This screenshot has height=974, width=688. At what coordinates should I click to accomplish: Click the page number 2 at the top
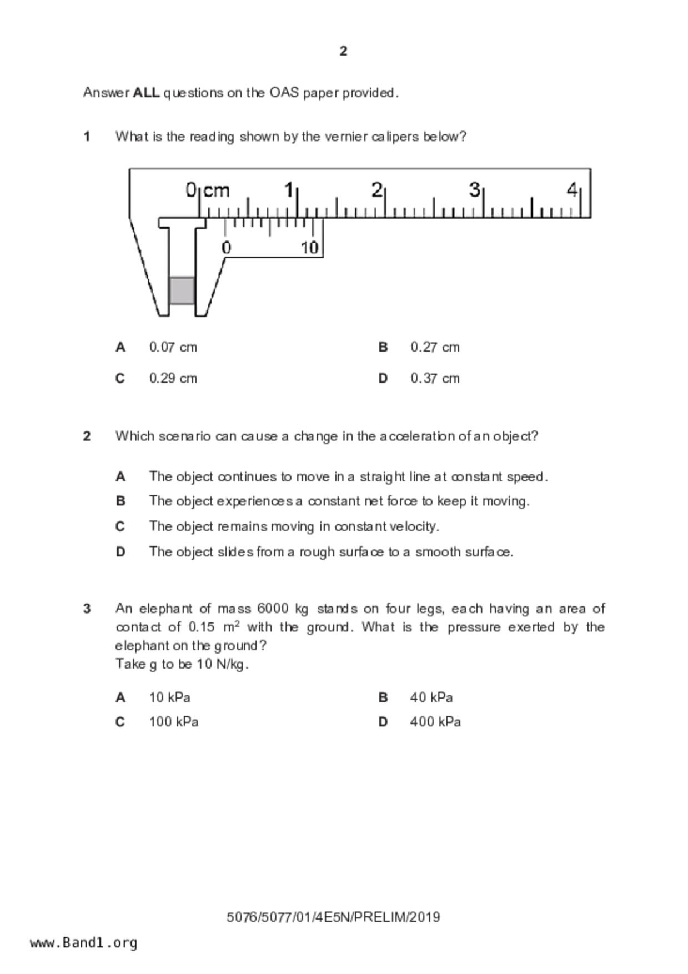tap(343, 51)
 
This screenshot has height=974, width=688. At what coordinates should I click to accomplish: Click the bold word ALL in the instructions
tap(146, 93)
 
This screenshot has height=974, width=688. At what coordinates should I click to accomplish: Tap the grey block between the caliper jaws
tap(182, 290)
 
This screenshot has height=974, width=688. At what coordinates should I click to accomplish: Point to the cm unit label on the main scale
tap(216, 190)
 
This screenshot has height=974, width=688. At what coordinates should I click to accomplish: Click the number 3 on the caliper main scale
tap(474, 190)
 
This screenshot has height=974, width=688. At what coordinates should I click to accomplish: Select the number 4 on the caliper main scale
tap(572, 190)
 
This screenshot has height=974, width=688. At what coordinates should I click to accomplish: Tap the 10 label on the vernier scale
tap(310, 248)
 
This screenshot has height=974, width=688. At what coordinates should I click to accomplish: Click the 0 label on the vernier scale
tap(226, 248)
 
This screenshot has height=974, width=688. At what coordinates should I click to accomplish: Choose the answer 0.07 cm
tap(173, 348)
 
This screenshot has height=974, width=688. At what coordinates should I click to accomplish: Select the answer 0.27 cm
tap(435, 348)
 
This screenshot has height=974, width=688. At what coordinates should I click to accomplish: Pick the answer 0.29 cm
tap(173, 379)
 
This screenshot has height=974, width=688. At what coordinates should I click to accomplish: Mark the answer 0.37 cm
tap(435, 379)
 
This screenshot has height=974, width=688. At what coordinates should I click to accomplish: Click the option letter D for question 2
tap(120, 552)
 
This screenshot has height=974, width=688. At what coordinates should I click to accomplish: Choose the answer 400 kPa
tap(435, 722)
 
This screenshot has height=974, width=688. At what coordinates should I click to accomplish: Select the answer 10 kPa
tap(169, 697)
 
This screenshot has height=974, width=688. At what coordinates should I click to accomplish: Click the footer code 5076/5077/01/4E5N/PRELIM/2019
tap(333, 917)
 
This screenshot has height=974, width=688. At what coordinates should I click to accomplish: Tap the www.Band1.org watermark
tap(83, 943)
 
